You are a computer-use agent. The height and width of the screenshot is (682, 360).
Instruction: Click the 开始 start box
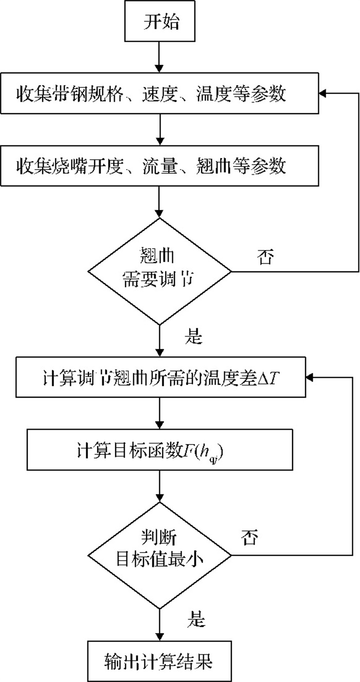click(x=159, y=21)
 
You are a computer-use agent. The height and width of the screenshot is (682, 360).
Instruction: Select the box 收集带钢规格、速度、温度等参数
click(x=159, y=93)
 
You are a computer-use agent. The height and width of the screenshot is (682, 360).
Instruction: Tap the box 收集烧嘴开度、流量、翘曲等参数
click(x=159, y=165)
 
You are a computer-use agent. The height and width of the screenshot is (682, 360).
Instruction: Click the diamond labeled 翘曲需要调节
click(x=159, y=271)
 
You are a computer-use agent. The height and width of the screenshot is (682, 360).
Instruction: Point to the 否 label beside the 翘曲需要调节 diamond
click(x=265, y=257)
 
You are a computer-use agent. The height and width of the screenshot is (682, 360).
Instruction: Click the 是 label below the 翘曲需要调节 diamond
click(x=193, y=337)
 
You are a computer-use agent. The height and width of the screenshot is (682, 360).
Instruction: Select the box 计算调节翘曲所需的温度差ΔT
click(x=160, y=377)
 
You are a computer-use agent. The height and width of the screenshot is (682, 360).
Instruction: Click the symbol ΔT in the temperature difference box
click(x=268, y=378)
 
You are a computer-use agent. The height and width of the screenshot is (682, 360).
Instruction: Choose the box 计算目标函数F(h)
click(x=160, y=450)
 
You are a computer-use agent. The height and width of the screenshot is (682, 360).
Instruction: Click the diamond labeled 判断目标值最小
click(x=159, y=555)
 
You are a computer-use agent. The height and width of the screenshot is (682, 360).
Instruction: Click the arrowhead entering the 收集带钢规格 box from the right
click(x=323, y=93)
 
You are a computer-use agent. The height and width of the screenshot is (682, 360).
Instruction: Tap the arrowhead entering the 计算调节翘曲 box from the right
click(x=310, y=377)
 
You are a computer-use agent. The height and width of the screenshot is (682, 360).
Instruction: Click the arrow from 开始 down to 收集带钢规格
click(x=159, y=57)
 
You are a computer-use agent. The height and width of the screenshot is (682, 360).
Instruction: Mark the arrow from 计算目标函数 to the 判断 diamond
click(x=159, y=486)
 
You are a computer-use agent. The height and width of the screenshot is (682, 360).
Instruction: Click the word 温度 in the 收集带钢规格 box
click(x=214, y=94)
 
